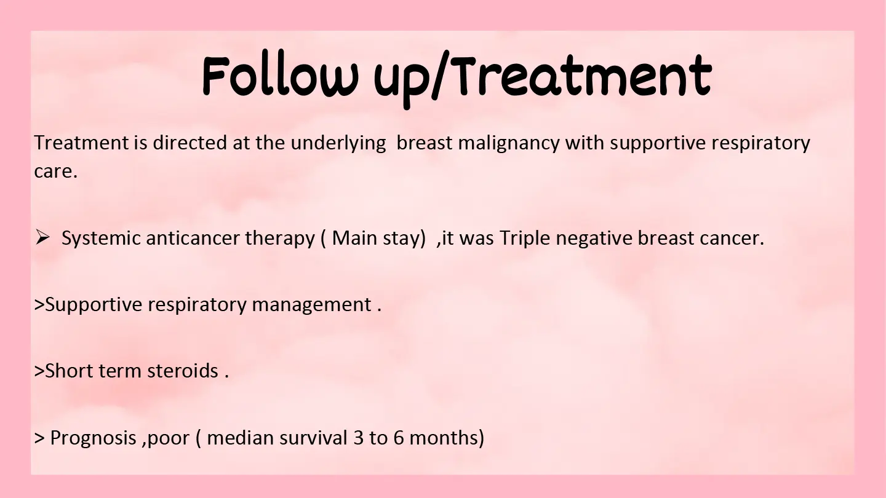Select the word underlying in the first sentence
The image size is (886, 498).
(x=338, y=144)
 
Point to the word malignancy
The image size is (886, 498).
(x=509, y=144)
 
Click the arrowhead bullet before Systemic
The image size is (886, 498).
(x=42, y=237)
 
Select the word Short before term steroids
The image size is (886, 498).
(x=68, y=371)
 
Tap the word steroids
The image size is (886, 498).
(x=183, y=371)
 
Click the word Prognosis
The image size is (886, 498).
(x=93, y=438)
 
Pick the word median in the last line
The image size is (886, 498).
(x=241, y=438)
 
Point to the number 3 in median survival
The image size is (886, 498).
(x=358, y=438)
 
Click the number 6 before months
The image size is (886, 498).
(x=398, y=438)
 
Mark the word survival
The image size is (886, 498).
(x=313, y=438)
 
